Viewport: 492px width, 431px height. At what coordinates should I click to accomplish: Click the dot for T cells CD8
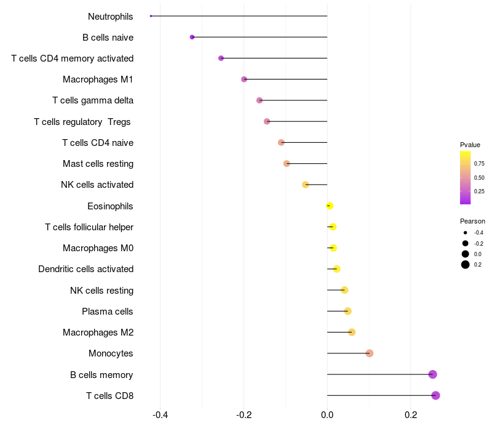coord(435,395)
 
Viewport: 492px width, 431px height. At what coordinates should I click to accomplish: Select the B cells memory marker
coord(432,374)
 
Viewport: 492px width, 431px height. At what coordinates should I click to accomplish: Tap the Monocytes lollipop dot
coord(370,353)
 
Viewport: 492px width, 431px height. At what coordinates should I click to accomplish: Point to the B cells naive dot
coord(192,38)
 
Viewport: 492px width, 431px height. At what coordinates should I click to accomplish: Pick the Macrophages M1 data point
coord(244,79)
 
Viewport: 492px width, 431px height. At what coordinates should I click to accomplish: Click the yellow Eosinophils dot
coord(330,206)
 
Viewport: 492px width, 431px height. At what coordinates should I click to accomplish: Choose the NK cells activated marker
coord(306,185)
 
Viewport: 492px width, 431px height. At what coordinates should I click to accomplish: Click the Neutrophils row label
coord(111,17)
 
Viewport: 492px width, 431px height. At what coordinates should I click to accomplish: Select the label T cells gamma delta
coord(93,100)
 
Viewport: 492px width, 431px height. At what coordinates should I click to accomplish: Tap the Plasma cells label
coord(108,312)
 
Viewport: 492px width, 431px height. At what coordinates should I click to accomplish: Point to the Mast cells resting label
coord(98,164)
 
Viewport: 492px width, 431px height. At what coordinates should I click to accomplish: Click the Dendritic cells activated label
coord(85,269)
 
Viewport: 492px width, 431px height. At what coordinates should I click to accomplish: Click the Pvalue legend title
coord(470,145)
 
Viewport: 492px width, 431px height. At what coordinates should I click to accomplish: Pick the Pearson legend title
coord(472,221)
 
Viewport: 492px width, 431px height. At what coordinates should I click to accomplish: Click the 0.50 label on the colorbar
coord(479,178)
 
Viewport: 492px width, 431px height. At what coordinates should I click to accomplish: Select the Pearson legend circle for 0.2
coord(466,265)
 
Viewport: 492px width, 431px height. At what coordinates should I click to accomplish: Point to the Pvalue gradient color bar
coord(466,177)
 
